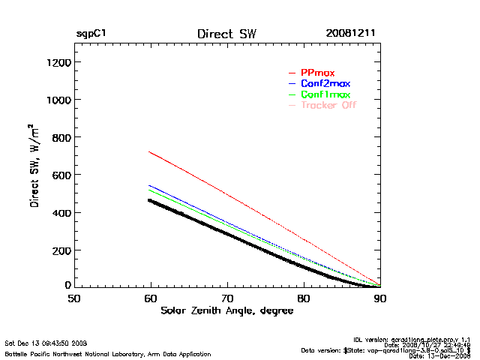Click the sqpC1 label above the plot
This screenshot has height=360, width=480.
[x=90, y=34]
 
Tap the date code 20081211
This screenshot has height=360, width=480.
[x=350, y=34]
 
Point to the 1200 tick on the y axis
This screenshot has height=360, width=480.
[x=57, y=62]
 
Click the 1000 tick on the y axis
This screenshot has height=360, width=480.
[x=57, y=100]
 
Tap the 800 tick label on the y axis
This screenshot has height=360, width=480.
[x=60, y=137]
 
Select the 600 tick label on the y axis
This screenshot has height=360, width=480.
[x=60, y=175]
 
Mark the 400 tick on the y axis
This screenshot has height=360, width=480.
[x=60, y=212]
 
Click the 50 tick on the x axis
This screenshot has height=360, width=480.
[x=74, y=298]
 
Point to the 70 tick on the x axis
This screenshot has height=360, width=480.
[x=227, y=298]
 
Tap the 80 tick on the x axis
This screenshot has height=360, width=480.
[x=304, y=298]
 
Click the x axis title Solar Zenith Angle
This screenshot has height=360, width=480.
[x=226, y=310]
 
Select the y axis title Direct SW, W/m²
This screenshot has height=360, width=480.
[x=36, y=165]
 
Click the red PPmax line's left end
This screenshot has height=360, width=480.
[x=150, y=152]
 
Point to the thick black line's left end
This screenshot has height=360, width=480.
[x=150, y=200]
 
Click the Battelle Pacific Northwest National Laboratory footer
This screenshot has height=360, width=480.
[x=108, y=353]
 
